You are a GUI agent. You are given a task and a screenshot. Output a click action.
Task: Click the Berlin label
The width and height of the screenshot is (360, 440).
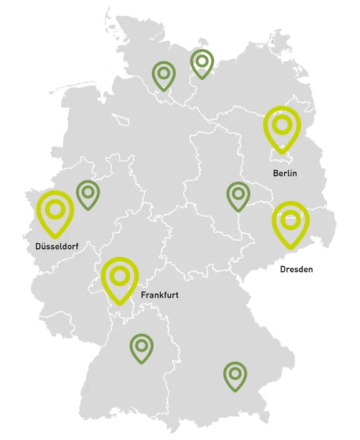[x=284, y=173]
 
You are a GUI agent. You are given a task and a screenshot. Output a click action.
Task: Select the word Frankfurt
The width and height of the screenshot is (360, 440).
[x=160, y=294]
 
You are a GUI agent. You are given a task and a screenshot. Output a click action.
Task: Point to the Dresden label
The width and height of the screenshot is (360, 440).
[x=296, y=270]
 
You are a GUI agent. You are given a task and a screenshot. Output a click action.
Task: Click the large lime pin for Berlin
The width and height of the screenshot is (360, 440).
[x=282, y=127]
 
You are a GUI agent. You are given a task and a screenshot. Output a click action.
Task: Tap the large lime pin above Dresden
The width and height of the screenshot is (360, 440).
[x=291, y=222]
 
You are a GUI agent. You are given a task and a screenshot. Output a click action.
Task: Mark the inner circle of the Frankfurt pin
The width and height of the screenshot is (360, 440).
[x=120, y=274]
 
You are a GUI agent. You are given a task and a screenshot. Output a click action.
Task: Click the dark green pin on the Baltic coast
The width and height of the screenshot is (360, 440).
[x=202, y=63]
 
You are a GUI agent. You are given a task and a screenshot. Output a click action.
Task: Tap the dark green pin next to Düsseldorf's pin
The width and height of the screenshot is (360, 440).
[x=88, y=194]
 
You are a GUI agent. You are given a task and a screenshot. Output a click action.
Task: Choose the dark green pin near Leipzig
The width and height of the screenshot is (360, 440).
[x=238, y=196]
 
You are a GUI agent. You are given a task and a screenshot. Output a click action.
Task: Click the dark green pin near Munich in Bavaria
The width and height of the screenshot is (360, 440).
[x=235, y=376]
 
